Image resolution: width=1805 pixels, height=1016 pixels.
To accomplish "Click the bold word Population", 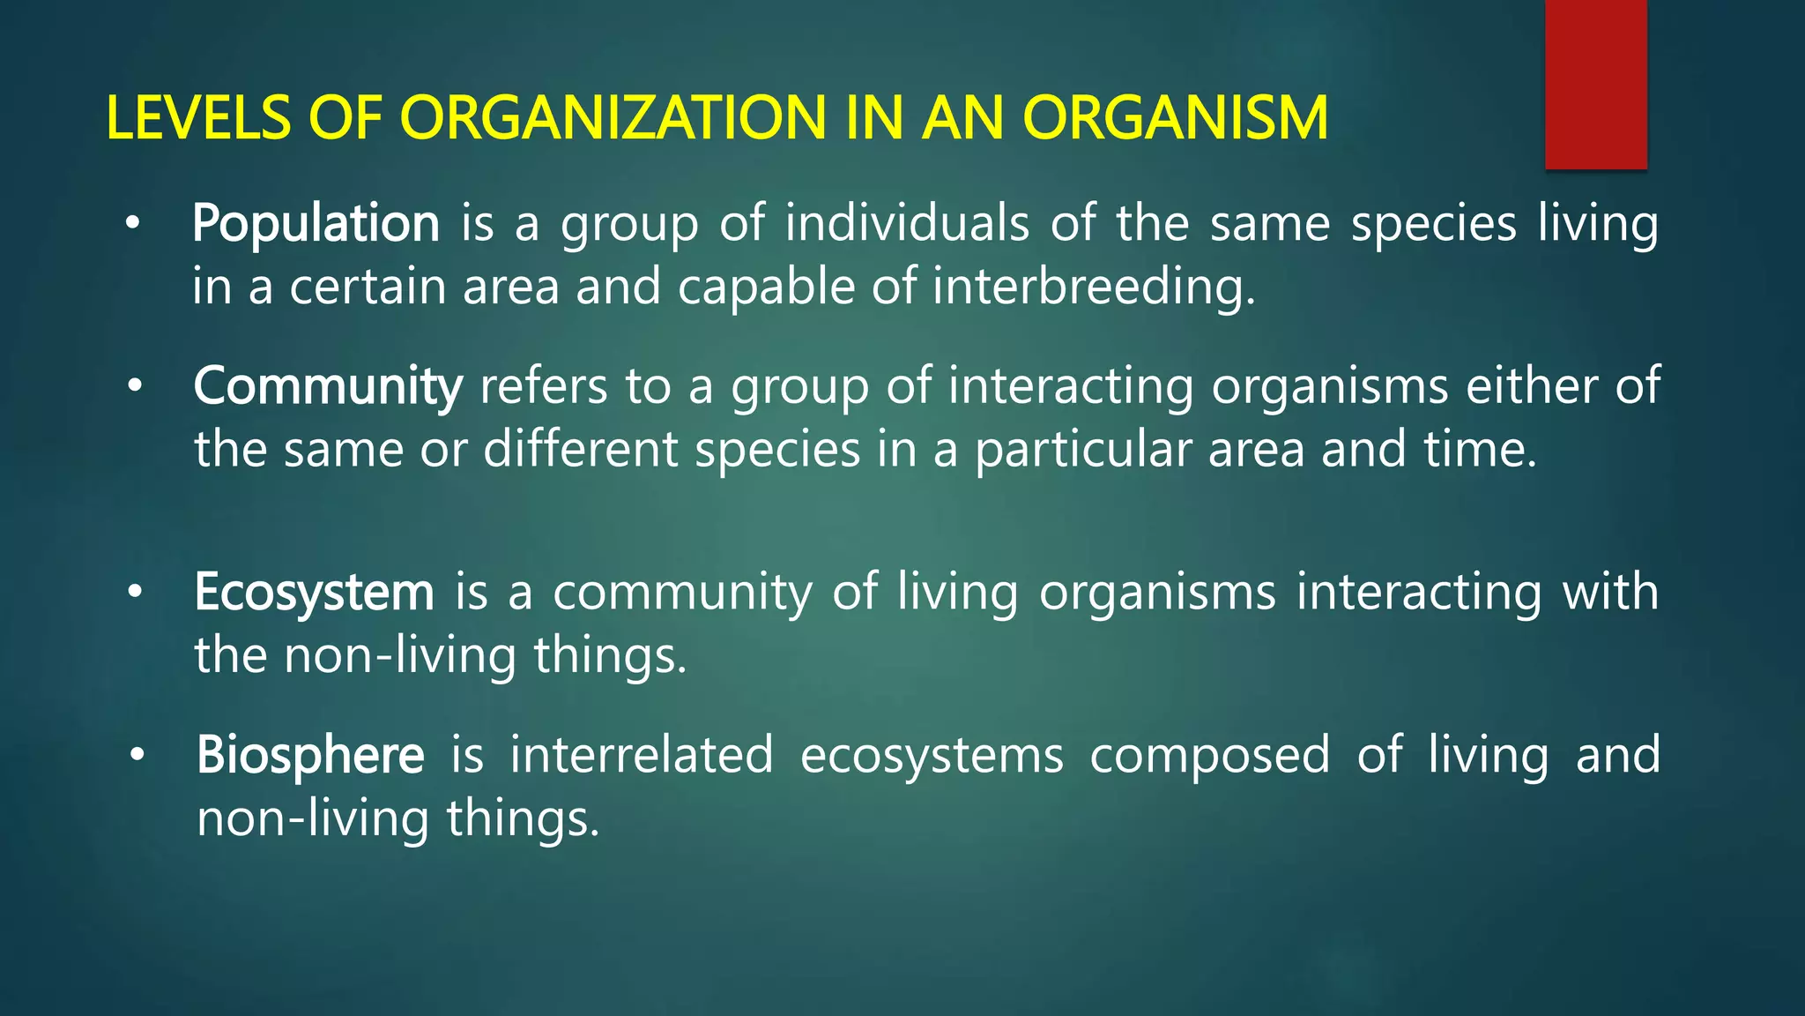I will tap(316, 224).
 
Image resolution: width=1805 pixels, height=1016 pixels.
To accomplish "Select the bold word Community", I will tap(327, 387).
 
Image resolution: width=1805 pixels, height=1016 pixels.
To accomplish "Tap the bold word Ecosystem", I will tap(314, 592).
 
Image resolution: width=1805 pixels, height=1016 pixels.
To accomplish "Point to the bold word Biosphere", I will tap(310, 756).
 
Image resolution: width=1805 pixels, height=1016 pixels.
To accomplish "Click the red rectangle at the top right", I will tap(1595, 84).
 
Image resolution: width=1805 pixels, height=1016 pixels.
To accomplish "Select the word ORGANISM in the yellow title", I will tap(1175, 118).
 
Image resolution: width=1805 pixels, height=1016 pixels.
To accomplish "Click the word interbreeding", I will tap(1093, 288).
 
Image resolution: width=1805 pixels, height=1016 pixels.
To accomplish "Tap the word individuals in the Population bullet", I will tap(906, 224).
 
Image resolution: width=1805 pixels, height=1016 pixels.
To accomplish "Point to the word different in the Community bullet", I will tap(580, 450).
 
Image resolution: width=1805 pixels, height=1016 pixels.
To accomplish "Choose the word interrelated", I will tap(642, 756).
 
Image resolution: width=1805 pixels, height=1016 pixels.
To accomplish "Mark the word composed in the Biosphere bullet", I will tap(1209, 756).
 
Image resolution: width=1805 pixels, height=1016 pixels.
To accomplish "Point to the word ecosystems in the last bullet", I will tap(932, 756).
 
